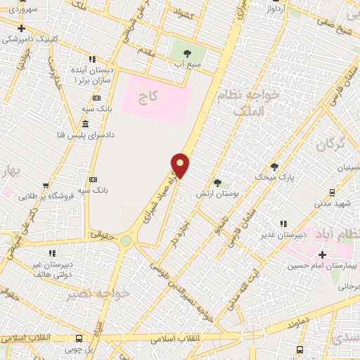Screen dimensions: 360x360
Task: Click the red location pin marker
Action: (x=181, y=165)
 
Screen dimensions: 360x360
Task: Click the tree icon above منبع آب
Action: (x=187, y=53)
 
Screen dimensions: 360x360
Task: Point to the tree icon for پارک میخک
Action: (x=274, y=167)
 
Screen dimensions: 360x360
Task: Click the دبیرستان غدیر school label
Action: (x=283, y=234)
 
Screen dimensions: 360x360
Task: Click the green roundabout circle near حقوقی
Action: (x=126, y=240)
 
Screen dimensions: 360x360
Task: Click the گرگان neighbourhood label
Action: (x=330, y=146)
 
